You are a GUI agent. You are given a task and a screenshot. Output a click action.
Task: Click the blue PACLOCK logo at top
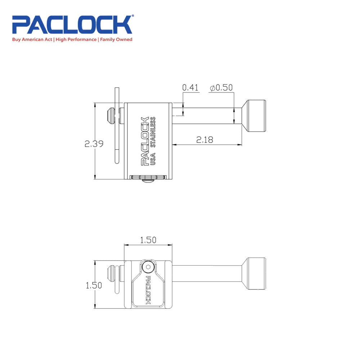tap(72, 24)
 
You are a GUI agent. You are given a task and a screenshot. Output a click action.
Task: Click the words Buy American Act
tap(32, 39)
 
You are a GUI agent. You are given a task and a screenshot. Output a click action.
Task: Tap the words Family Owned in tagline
tap(116, 39)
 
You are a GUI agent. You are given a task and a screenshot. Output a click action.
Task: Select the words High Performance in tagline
tap(76, 39)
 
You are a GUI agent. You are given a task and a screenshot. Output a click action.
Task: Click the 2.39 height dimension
tap(94, 144)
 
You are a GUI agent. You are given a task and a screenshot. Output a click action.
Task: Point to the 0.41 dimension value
tap(191, 88)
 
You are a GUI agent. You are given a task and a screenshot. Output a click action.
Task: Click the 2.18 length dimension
tap(204, 140)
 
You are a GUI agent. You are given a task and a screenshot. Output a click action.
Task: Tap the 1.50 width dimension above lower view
tap(148, 240)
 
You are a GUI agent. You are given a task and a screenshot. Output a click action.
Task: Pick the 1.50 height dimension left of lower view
tap(94, 285)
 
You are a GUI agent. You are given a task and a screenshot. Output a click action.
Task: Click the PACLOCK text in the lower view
tap(147, 291)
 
